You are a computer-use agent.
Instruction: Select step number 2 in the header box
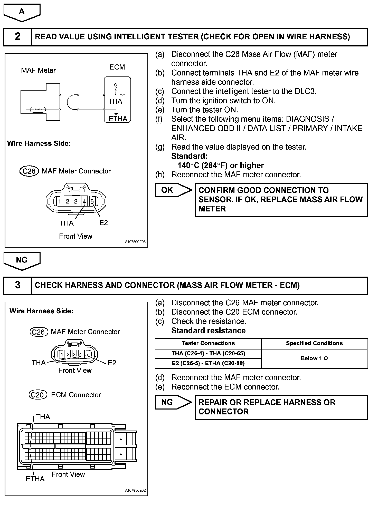coord(17,36)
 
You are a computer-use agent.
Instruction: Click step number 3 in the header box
coord(17,285)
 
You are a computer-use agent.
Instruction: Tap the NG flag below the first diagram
coord(22,260)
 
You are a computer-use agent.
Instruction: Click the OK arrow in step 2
coord(173,190)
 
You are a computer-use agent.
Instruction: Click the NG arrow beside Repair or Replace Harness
coord(173,402)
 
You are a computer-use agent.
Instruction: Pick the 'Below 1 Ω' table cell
coord(314,358)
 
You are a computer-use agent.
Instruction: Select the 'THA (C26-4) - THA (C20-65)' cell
coord(208,353)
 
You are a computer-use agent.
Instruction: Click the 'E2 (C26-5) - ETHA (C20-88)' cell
coord(208,363)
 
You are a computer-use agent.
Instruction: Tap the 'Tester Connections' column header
coord(208,343)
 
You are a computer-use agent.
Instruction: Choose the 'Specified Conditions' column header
coord(314,343)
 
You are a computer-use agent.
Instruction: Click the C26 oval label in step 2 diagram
coord(29,171)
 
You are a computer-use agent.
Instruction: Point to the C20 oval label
coord(38,395)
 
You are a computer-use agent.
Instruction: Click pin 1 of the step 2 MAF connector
coord(59,201)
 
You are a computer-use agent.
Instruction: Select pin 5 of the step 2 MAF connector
coord(92,201)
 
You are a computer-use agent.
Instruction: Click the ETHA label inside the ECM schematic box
coord(118,119)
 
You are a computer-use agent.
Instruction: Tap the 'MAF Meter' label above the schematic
coord(38,70)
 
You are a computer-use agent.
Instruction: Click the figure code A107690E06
coord(135,242)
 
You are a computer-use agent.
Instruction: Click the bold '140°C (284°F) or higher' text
coord(221,165)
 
